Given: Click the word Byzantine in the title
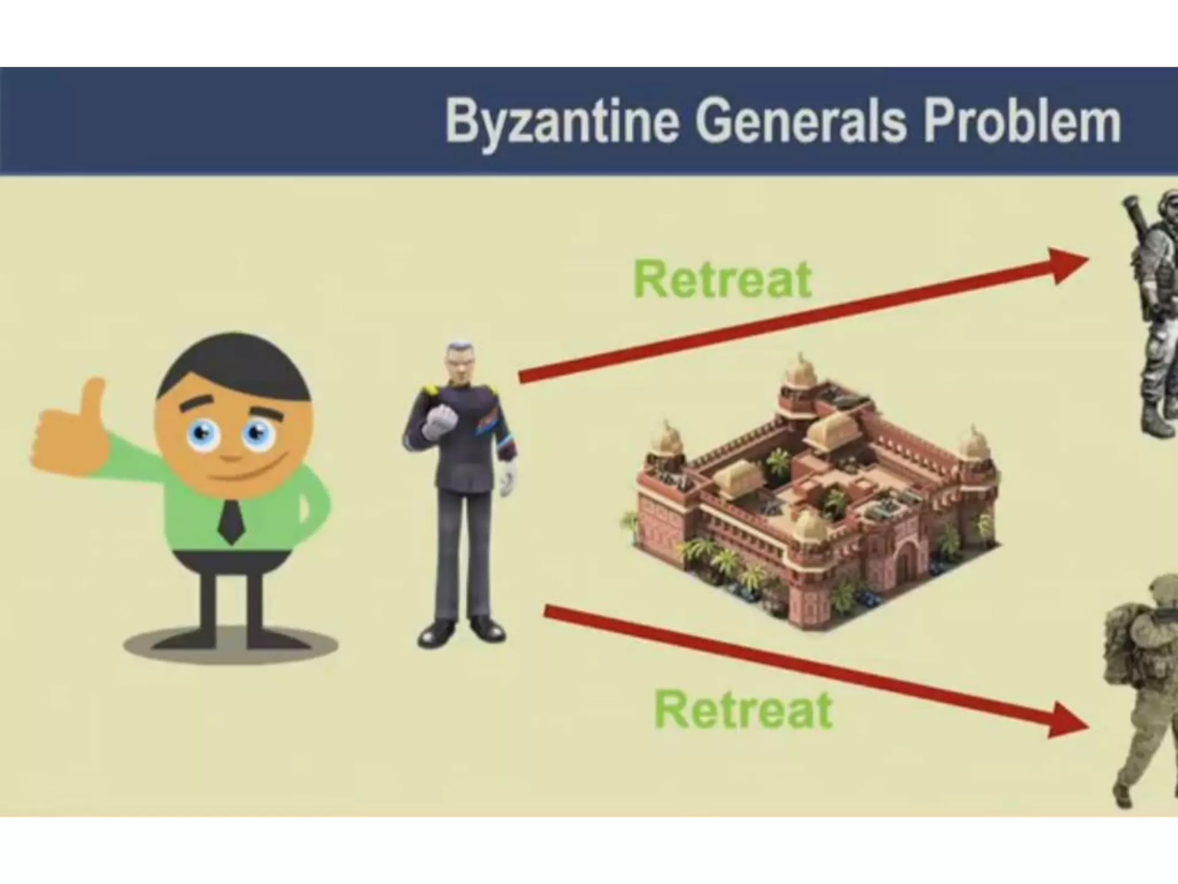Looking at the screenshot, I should (x=560, y=123).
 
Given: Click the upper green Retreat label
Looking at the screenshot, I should (x=722, y=280).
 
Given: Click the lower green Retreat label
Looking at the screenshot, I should (x=743, y=710).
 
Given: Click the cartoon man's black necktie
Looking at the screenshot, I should (x=231, y=521).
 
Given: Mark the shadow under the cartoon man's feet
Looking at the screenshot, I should (x=230, y=645).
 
